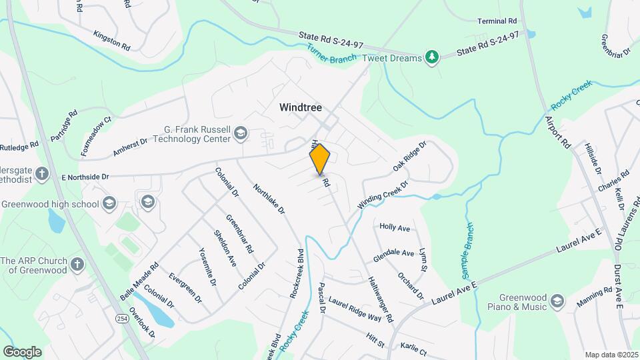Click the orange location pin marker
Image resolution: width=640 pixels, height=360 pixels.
point(320,159)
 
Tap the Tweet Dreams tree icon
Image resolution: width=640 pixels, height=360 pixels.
point(432,58)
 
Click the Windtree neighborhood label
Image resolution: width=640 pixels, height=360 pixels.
point(301,107)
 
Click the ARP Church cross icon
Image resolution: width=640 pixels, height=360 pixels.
point(77,265)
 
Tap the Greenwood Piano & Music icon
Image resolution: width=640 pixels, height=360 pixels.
point(557,302)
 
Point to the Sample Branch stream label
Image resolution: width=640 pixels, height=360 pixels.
point(467,251)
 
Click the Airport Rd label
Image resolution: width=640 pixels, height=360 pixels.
point(558,133)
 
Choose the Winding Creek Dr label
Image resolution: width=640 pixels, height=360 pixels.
point(381,194)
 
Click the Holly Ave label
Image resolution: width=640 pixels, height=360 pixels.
point(394,227)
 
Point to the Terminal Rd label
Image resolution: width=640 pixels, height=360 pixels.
point(497,21)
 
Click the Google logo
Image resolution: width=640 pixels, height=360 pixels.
point(22,352)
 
